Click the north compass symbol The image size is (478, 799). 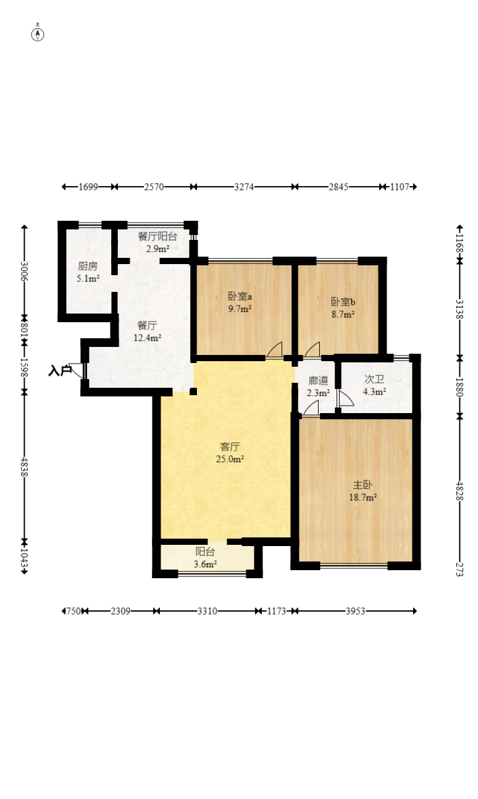coord(38,34)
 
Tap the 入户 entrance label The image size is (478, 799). coord(60,371)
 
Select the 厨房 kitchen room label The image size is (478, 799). coord(88,266)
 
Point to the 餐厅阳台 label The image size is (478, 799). coord(157,236)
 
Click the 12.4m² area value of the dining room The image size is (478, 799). coord(148,338)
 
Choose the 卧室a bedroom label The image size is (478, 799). coord(240,296)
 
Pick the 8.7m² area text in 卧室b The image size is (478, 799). coord(343,314)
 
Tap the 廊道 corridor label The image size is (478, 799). coord(318,380)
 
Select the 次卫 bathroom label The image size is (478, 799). coord(374,379)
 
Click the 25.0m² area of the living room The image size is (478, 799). coord(230,459)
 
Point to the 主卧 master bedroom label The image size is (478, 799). coord(363,485)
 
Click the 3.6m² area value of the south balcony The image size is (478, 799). coord(205,564)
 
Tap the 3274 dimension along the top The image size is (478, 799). coord(244,187)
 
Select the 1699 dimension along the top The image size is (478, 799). coord(88,187)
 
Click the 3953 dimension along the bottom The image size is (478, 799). coord(356,612)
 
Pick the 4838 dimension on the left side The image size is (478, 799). coord(24,466)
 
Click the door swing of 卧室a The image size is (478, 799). coord(275,349)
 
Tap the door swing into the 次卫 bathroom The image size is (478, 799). coord(345,399)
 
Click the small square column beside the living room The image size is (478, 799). coord(193,391)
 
